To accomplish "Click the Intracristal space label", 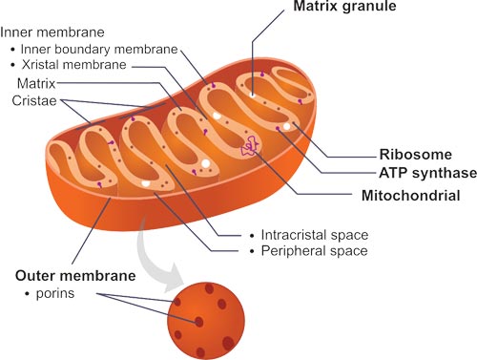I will [314, 234].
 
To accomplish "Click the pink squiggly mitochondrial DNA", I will [251, 146].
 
